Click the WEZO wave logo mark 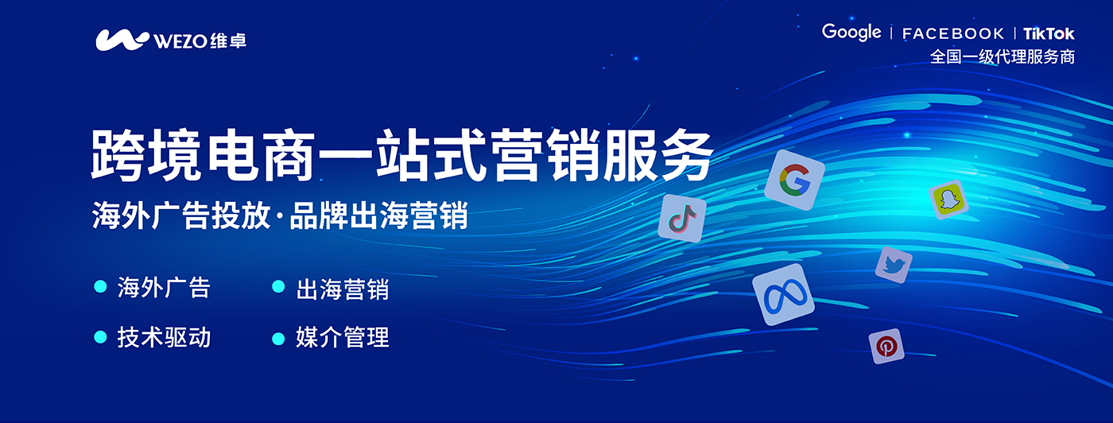click(122, 40)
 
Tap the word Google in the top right click(851, 33)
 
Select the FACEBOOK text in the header click(953, 34)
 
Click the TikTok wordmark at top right click(1049, 34)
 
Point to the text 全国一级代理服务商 click(1002, 56)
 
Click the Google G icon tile click(794, 180)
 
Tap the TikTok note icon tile click(682, 218)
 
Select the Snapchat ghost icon click(948, 200)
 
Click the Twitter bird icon click(894, 265)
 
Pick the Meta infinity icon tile click(783, 295)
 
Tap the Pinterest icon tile click(886, 346)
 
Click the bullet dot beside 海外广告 click(100, 286)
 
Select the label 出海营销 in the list click(342, 289)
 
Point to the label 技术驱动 click(164, 337)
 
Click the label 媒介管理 click(342, 337)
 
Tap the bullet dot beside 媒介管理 click(278, 339)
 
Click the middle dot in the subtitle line click(279, 217)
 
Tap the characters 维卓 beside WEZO click(228, 41)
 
